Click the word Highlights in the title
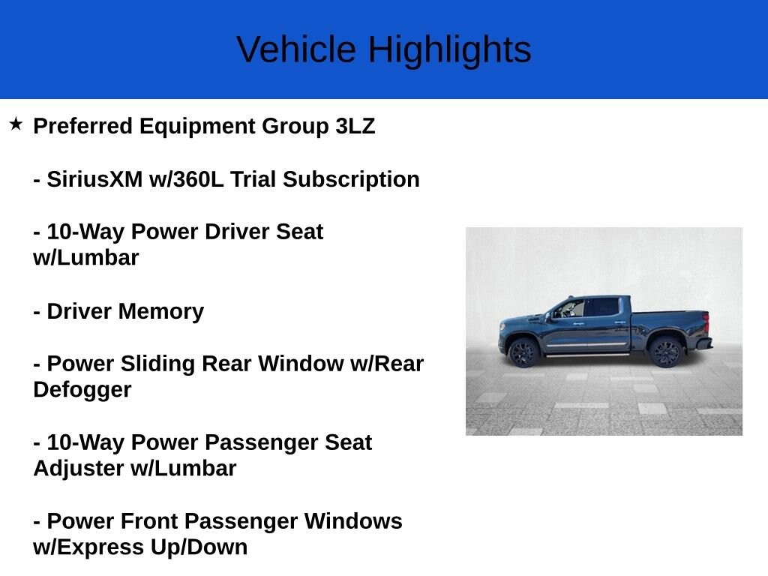coord(449,50)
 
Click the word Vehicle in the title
coord(296,50)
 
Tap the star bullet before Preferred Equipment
coord(16,124)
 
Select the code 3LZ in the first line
coord(355,126)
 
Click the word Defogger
coord(82,390)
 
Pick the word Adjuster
coord(79,469)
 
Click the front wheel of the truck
coord(523,352)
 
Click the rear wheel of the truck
coord(664,351)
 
